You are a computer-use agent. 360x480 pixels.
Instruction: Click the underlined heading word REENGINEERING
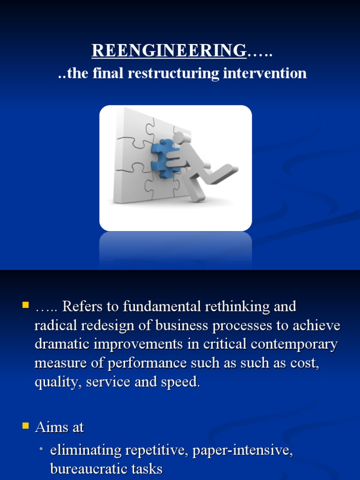tap(169, 50)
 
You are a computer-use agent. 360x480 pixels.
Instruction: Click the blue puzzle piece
tap(162, 158)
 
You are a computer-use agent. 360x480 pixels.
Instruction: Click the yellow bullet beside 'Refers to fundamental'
tap(25, 306)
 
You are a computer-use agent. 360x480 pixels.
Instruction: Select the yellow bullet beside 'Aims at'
tap(25, 426)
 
